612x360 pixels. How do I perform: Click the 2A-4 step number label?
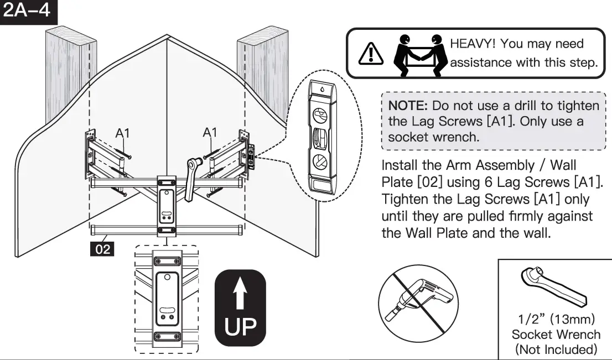click(28, 11)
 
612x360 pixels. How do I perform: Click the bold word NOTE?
click(408, 106)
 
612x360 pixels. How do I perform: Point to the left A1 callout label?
click(123, 133)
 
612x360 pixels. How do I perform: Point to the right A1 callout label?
click(210, 132)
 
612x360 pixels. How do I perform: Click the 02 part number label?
click(103, 249)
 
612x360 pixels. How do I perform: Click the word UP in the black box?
click(240, 327)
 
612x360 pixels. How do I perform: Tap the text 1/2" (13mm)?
click(556, 320)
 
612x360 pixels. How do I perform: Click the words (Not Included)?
click(556, 349)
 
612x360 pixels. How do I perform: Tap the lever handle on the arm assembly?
click(191, 176)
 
